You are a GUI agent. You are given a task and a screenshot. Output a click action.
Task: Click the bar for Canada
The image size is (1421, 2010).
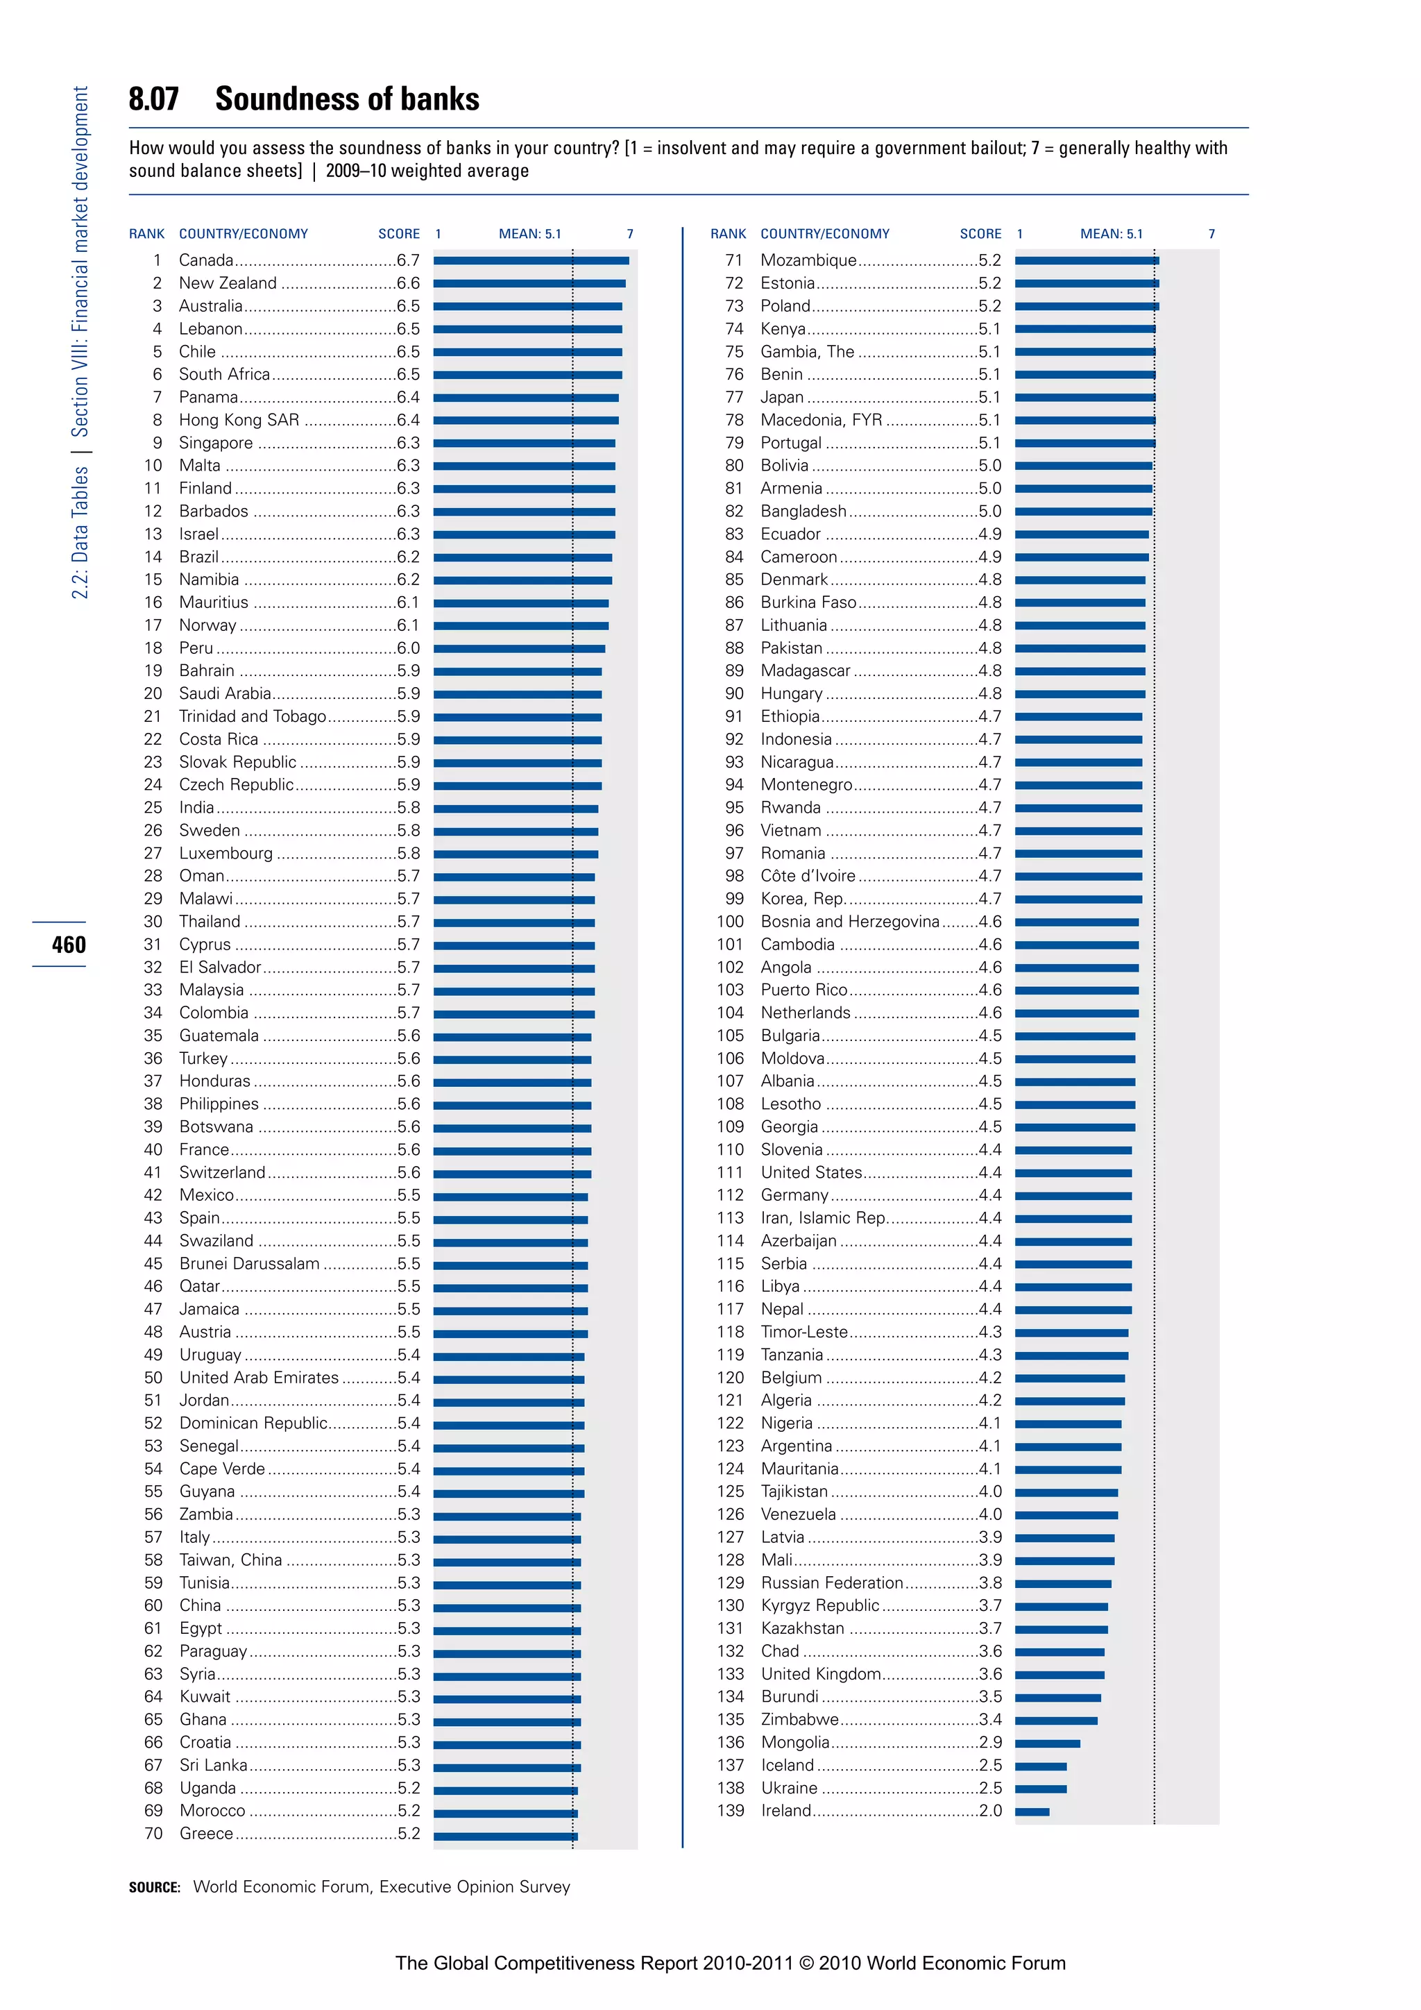point(530,261)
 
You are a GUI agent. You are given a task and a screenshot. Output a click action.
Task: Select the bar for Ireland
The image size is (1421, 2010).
point(1032,1812)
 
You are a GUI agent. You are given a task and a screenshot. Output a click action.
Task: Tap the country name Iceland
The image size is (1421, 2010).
point(787,1766)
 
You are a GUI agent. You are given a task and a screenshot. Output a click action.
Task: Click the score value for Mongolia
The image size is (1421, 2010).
point(991,1743)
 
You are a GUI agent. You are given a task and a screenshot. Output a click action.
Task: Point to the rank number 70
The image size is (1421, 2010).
point(153,1834)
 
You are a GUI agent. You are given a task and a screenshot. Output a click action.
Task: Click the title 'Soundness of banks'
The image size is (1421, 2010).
point(348,99)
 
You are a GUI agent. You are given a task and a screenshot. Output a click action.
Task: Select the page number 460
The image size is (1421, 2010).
point(68,945)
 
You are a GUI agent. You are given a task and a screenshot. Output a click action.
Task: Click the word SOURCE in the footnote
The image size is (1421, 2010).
point(154,1887)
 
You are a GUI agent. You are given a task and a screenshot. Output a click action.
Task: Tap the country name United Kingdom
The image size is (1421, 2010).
point(820,1675)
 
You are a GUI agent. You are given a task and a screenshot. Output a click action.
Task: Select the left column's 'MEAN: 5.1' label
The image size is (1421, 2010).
point(529,234)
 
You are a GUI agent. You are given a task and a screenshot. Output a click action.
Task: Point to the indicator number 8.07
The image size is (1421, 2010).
point(154,99)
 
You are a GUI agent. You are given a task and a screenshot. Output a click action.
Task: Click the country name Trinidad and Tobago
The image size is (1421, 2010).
point(252,717)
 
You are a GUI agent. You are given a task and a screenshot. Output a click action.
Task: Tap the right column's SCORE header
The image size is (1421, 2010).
point(980,234)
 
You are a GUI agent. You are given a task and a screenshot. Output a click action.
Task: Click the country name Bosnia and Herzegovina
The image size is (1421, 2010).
point(849,922)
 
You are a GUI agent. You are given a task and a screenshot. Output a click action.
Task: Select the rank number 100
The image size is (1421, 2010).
point(730,922)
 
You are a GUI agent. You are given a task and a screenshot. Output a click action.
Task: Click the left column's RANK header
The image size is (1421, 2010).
point(146,234)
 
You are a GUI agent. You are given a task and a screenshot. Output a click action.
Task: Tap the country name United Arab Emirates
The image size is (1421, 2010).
point(258,1378)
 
